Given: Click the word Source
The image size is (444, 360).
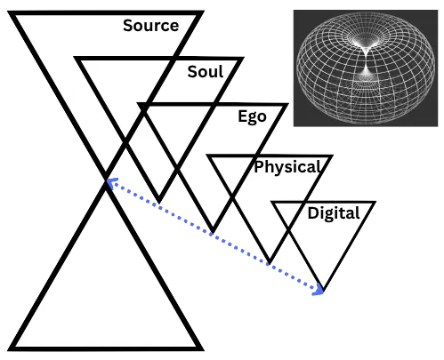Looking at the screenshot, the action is point(151,25).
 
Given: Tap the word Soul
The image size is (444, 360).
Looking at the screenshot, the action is point(206,72).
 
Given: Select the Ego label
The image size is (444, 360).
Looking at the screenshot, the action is point(252,116).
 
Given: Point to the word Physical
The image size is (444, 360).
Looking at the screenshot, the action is point(287,167).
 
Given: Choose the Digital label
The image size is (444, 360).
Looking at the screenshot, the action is point(334,213).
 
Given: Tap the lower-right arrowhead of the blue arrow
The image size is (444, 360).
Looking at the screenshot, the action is point(319,291).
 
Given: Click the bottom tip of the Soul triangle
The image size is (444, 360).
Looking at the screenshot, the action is point(159,203).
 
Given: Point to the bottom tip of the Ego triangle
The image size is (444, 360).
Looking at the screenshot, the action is point(213,232).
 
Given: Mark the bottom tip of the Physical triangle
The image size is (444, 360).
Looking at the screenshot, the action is point(270,263).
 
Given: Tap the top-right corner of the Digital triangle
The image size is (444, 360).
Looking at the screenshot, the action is point(375,202).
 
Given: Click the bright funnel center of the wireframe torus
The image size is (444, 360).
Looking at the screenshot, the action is point(366,60).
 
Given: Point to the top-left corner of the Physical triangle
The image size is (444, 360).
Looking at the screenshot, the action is point(206,155).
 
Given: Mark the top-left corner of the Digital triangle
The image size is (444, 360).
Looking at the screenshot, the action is point(271,202).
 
